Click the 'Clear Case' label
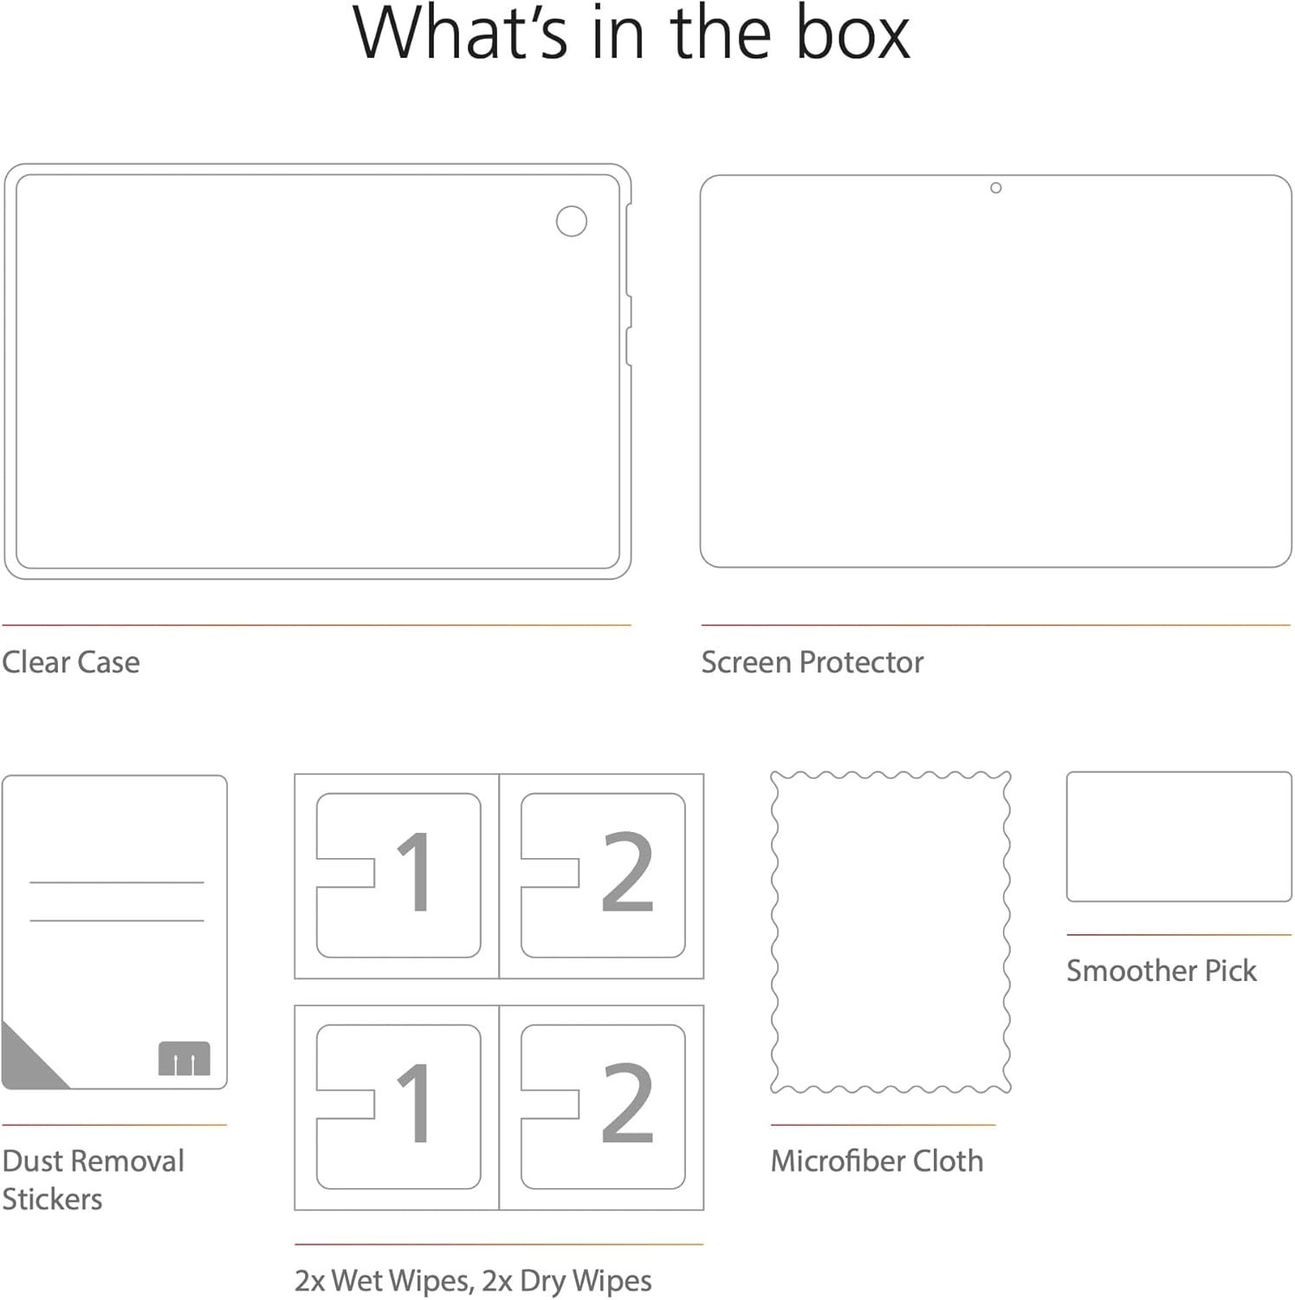click(71, 662)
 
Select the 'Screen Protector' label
click(813, 662)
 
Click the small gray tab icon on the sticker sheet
click(185, 1058)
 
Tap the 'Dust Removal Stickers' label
click(94, 1180)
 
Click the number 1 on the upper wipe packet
click(415, 872)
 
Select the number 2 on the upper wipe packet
click(627, 872)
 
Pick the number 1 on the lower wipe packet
click(415, 1102)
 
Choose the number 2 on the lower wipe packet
click(627, 1102)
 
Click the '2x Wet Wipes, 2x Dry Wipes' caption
click(473, 1281)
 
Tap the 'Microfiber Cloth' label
click(877, 1160)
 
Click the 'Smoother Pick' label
click(1162, 971)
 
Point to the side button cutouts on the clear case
click(629, 286)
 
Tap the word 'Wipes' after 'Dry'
click(612, 1281)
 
